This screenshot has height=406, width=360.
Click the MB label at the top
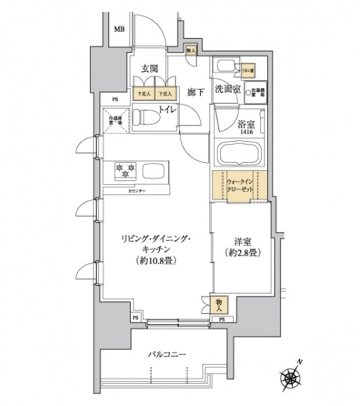point(119,29)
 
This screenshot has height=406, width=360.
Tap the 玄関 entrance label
point(150,68)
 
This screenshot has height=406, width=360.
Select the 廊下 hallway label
point(195,92)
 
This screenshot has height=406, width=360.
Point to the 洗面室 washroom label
point(228,89)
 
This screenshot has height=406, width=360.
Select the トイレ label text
point(167,109)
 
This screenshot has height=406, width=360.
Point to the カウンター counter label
point(136,192)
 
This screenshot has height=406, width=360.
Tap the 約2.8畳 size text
point(243,253)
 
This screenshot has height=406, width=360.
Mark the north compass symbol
point(292,378)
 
